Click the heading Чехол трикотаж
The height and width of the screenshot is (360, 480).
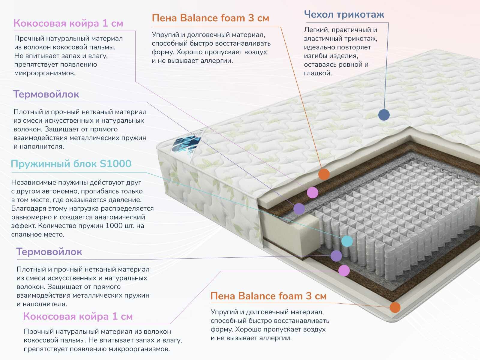(344, 14)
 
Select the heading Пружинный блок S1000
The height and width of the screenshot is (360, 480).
(71, 164)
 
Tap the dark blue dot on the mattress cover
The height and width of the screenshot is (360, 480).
(384, 115)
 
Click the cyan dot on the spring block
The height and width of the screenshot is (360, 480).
(347, 241)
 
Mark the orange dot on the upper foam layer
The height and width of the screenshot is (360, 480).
(324, 174)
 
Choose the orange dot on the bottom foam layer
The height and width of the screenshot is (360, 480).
(395, 307)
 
